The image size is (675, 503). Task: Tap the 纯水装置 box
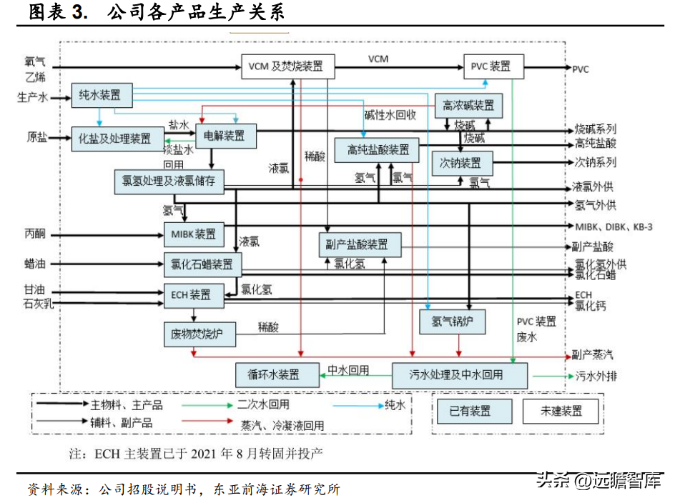tap(100, 95)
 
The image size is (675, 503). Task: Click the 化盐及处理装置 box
tap(117, 139)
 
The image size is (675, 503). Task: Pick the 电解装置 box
tap(225, 135)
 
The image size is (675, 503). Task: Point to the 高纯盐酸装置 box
tap(378, 149)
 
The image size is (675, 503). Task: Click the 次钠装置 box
tap(461, 163)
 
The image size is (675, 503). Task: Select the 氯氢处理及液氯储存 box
tap(169, 181)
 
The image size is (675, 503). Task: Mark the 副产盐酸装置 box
tap(360, 244)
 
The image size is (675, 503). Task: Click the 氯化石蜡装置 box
tap(203, 264)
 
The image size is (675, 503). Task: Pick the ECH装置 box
tap(192, 294)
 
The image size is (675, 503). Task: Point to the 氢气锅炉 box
tap(452, 322)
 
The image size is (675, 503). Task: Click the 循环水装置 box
tap(274, 374)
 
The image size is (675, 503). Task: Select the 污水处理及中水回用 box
tap(460, 374)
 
